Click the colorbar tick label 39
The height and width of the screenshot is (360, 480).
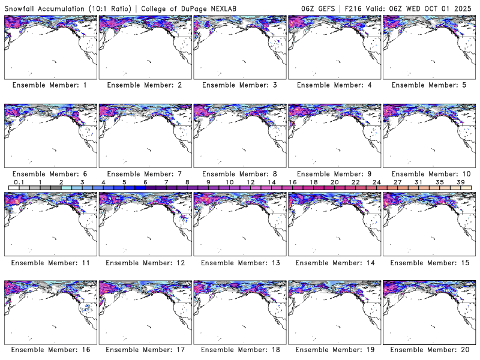click(x=461, y=182)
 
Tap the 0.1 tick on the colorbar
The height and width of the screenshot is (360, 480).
click(x=19, y=182)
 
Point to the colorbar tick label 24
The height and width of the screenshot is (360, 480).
click(x=377, y=182)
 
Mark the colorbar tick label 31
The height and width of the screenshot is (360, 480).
click(x=419, y=182)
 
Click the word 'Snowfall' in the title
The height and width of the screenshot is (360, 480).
click(x=22, y=8)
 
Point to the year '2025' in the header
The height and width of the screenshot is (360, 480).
click(x=465, y=8)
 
